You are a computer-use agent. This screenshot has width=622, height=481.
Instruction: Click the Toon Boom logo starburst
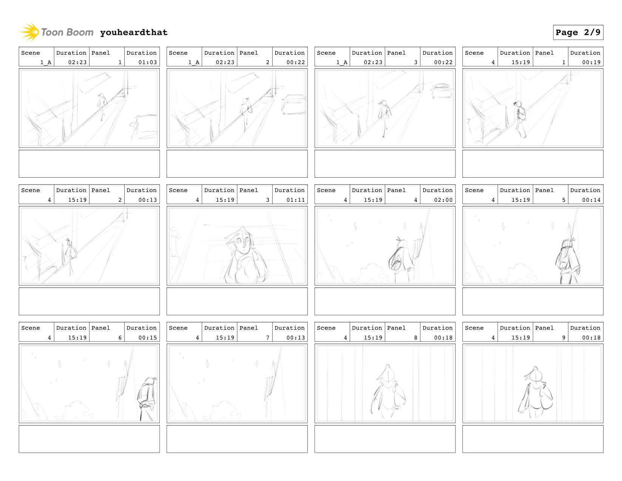pos(30,32)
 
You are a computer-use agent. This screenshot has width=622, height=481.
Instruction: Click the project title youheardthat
pos(134,32)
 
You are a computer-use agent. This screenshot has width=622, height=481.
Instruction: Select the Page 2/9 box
pos(578,32)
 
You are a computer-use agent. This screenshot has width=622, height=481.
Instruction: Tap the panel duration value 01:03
pos(147,62)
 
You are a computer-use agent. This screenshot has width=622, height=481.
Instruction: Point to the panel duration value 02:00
pos(443,200)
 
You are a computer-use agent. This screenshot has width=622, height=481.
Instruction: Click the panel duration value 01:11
pos(295,200)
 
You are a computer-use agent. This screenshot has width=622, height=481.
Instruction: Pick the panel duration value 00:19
pos(591,62)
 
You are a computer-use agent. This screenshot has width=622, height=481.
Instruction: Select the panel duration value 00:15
pos(147,337)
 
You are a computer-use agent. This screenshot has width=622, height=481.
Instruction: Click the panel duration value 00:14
pos(591,200)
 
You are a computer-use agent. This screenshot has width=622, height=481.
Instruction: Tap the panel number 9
pos(563,337)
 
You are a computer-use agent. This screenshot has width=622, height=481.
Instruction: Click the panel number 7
pos(268,337)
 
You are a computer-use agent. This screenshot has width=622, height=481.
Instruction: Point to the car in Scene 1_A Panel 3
pos(441,91)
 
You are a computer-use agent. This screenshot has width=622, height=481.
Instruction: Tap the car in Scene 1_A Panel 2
pos(294,104)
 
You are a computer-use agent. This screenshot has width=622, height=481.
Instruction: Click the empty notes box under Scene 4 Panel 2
pos(89,301)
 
